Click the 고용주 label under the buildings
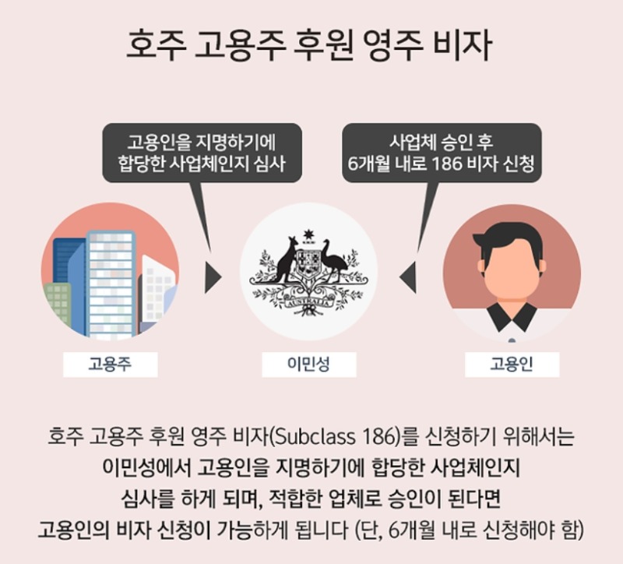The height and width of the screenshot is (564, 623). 110,364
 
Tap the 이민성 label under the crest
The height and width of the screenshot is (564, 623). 308,364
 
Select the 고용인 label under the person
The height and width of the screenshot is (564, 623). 512,364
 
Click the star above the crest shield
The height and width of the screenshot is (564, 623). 308,235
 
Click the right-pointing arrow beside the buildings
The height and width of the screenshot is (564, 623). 213,278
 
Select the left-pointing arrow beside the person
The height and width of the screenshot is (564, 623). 408,278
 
